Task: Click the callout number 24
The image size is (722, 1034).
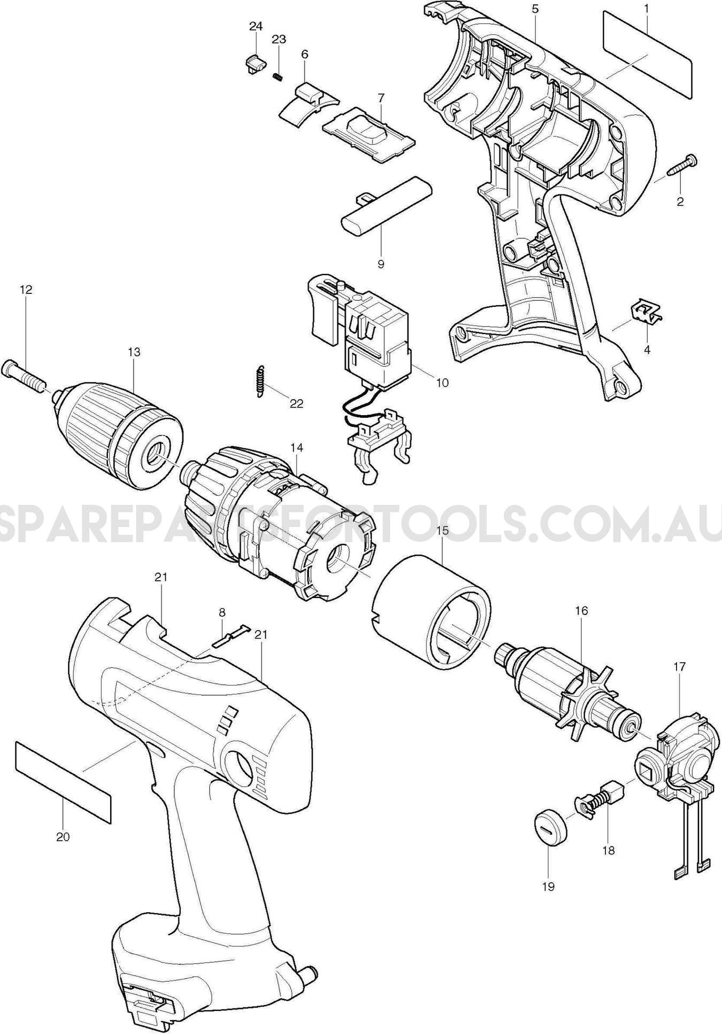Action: pyautogui.click(x=256, y=26)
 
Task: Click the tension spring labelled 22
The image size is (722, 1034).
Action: pyautogui.click(x=259, y=381)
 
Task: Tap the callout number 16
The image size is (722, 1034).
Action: pyautogui.click(x=581, y=610)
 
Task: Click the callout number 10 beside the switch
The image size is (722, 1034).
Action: pyautogui.click(x=442, y=383)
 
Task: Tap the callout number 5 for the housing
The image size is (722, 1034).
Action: pyautogui.click(x=535, y=9)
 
